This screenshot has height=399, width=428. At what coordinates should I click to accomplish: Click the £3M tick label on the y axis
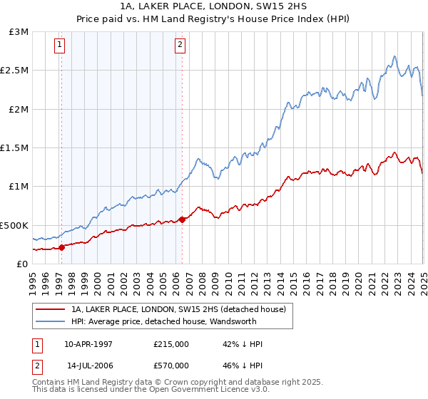point(19,32)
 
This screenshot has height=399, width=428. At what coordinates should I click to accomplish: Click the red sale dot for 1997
point(62,247)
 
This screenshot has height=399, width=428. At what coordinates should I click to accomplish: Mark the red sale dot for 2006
point(183,219)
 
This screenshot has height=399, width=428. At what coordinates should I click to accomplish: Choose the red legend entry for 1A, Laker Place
point(178,309)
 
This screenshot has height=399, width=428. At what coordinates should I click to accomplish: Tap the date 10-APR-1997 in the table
point(89,344)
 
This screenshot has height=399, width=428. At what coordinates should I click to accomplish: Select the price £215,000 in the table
point(170,344)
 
